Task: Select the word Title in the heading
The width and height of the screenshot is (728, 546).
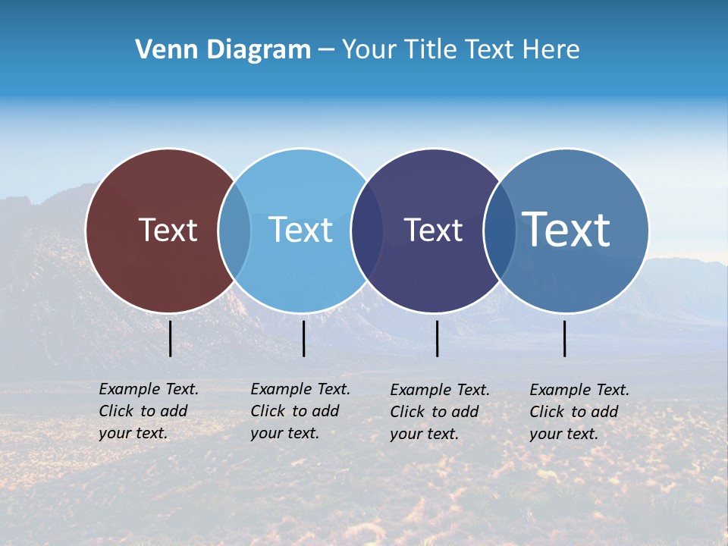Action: click(431, 50)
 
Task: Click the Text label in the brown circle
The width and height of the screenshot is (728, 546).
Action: click(168, 230)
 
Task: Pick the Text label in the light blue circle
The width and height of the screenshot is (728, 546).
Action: click(300, 230)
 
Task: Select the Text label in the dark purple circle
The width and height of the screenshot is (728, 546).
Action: click(433, 230)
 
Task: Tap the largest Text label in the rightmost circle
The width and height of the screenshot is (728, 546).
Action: click(566, 229)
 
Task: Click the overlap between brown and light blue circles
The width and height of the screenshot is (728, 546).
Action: click(234, 230)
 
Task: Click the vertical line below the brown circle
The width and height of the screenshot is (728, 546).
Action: click(171, 338)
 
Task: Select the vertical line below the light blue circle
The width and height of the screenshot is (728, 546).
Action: click(303, 338)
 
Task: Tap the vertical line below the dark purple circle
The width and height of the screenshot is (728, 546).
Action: click(438, 338)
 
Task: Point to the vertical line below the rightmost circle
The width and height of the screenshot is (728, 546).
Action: click(565, 338)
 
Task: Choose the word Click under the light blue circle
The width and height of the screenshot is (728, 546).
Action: click(268, 411)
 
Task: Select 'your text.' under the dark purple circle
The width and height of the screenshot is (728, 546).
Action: click(424, 434)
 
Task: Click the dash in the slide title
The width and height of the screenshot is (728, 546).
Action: click(326, 50)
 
